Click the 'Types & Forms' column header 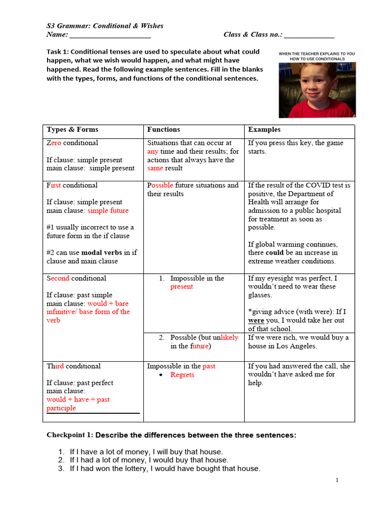(x=72, y=129)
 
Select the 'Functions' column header (x=163, y=129)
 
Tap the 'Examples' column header (x=264, y=129)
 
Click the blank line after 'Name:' (x=110, y=35)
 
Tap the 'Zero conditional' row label (x=72, y=143)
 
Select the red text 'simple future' (x=108, y=210)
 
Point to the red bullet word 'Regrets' (x=182, y=375)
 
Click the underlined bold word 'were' (x=256, y=321)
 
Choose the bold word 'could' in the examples (x=275, y=253)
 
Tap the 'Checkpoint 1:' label (x=69, y=435)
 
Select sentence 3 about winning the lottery (x=165, y=468)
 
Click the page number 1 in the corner (x=337, y=480)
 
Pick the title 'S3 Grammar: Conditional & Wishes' (x=105, y=26)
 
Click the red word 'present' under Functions (x=181, y=287)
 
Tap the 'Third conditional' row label (x=73, y=366)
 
